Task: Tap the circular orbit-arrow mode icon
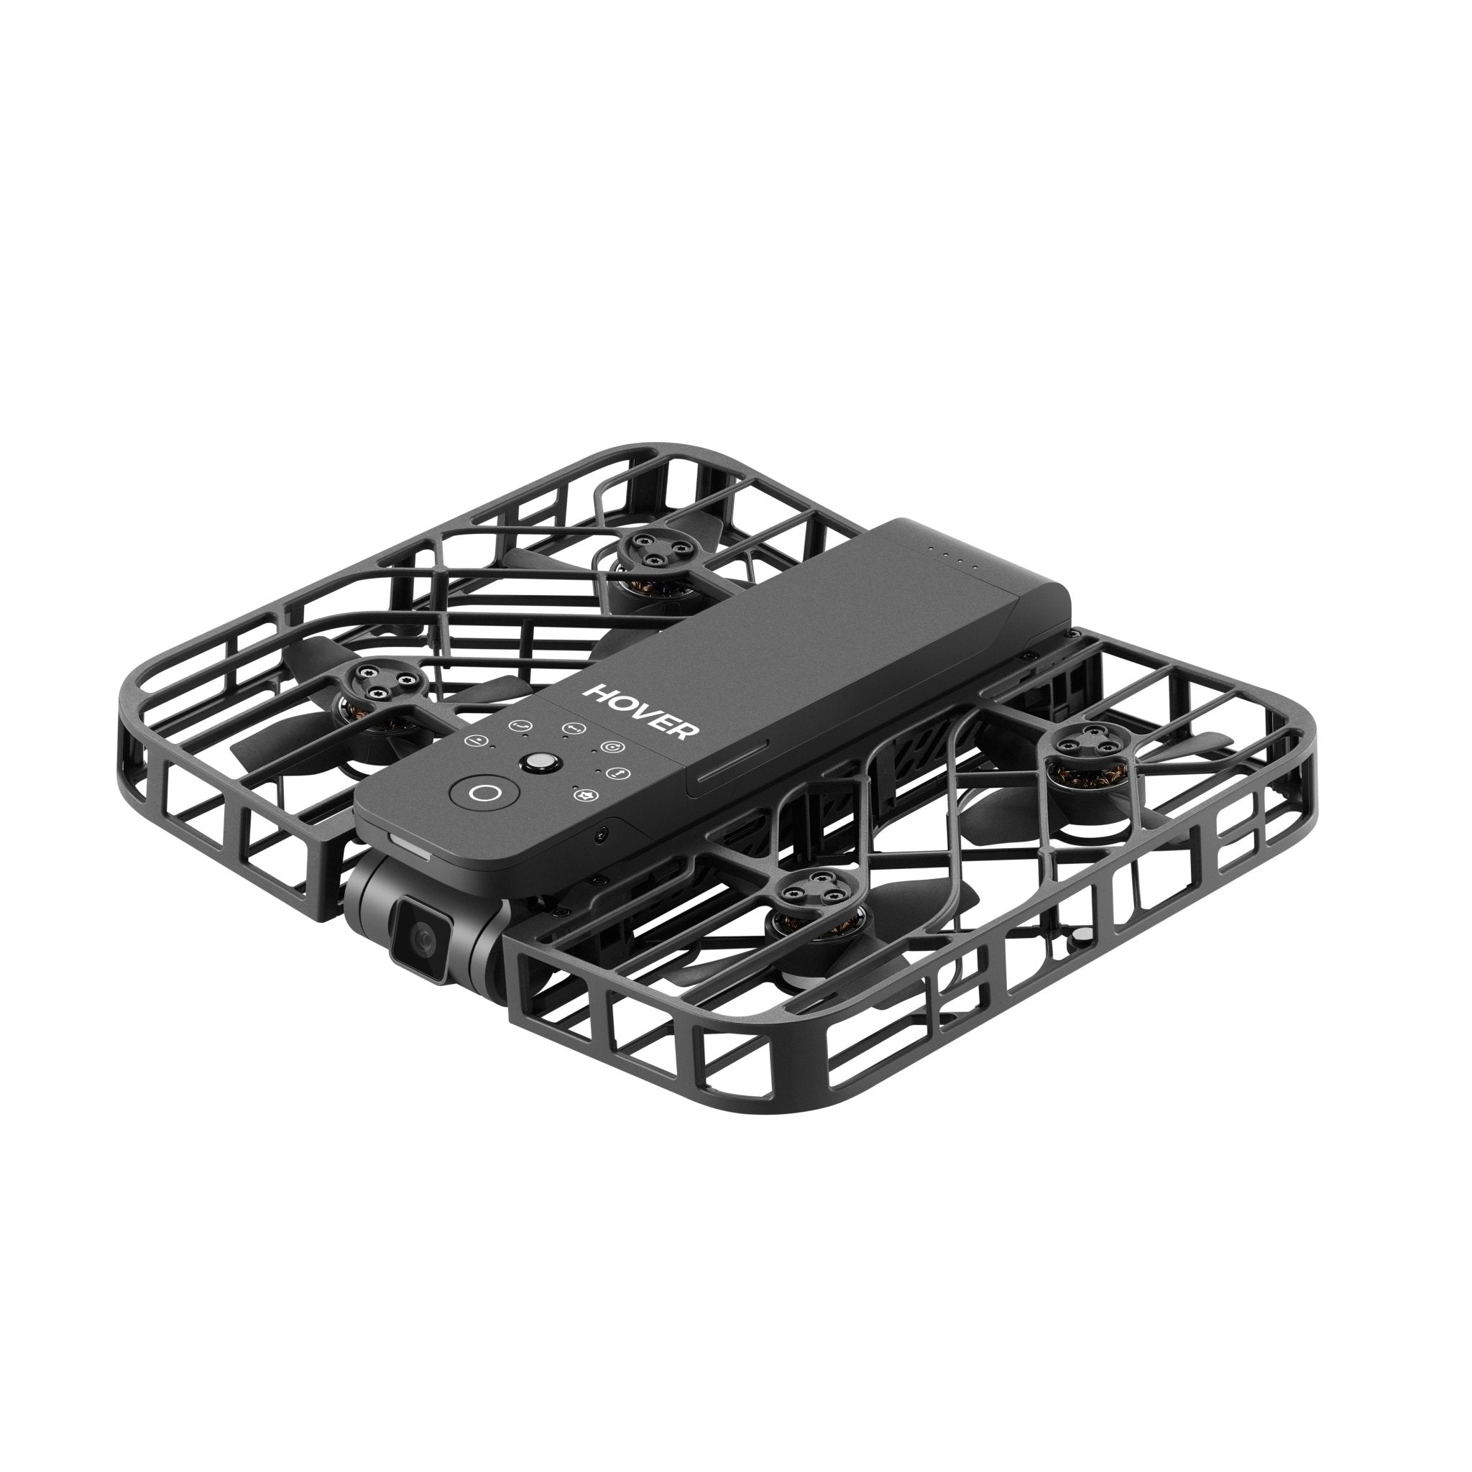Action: (x=609, y=747)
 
